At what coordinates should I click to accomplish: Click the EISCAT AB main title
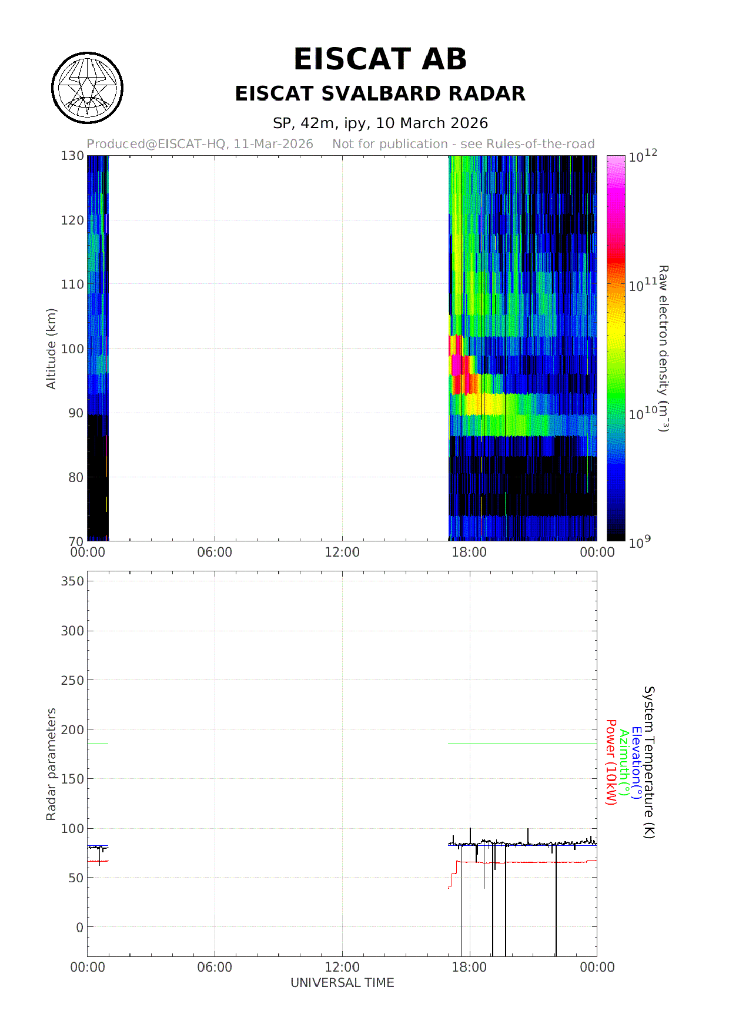point(380,59)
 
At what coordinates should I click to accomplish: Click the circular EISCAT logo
point(88,88)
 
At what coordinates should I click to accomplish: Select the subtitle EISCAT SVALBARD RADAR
point(380,94)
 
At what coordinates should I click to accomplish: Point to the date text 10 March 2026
point(432,123)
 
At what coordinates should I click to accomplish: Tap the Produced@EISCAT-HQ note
point(200,144)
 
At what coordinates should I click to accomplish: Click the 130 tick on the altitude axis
point(72,156)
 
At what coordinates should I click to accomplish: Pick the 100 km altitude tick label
point(72,349)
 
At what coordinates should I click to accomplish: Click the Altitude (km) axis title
point(51,349)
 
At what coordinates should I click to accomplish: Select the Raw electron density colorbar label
point(663,349)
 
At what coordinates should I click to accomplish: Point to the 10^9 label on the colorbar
point(640,543)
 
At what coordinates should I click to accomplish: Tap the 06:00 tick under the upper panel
point(215,553)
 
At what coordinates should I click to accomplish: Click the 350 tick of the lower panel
point(72,581)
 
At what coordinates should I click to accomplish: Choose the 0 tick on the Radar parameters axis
point(80,928)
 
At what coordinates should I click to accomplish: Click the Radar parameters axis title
point(51,764)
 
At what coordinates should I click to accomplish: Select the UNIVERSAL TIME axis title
point(342,983)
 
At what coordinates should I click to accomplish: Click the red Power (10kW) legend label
point(611,762)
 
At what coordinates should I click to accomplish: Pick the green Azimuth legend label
point(624,762)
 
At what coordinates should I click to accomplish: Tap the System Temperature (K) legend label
point(649,762)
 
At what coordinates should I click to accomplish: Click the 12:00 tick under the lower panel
point(342,968)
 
